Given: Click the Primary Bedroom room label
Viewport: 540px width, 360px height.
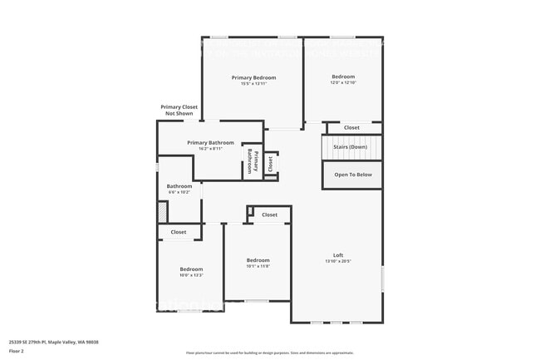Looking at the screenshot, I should (x=253, y=77).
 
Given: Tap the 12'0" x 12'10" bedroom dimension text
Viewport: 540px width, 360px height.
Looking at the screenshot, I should (x=344, y=82).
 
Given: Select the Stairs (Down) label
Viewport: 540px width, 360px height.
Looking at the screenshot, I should (x=351, y=147).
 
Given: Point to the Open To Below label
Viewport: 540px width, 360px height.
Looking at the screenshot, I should (x=353, y=175).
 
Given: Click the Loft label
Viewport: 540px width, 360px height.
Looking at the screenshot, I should (x=338, y=255).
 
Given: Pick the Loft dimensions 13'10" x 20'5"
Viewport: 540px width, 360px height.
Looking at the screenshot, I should (x=338, y=261).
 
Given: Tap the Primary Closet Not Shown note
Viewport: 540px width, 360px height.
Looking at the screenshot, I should (x=179, y=110).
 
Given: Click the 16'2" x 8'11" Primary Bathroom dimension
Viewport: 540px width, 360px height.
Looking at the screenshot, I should (x=210, y=149).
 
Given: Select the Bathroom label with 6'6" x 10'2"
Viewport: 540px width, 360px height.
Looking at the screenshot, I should (x=179, y=186).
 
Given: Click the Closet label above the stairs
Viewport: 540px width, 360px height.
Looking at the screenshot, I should (x=352, y=127).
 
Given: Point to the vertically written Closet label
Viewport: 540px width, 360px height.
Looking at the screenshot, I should (x=270, y=163).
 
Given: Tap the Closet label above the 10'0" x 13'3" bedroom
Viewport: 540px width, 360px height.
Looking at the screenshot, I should (x=179, y=232).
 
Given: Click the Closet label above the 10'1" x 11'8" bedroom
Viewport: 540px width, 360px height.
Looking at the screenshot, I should (x=269, y=215).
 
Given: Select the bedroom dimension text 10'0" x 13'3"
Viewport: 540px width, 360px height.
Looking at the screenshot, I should (x=191, y=275).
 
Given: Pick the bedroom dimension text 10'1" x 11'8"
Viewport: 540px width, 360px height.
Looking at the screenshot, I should (x=258, y=267).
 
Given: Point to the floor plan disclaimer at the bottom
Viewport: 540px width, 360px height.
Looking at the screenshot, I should (x=270, y=353).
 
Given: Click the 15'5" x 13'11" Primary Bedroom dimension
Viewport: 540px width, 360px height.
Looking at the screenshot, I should (x=253, y=83).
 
